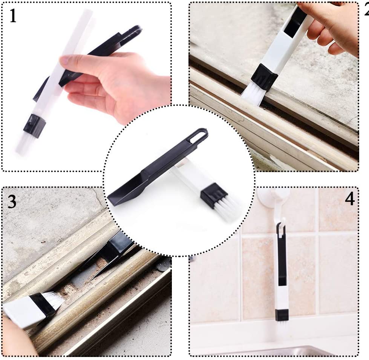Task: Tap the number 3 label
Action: [x=12, y=202]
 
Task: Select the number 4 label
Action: [x=350, y=199]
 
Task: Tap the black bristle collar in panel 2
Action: [x=264, y=77]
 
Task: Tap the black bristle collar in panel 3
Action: [x=44, y=306]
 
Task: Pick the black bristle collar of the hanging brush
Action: [x=282, y=315]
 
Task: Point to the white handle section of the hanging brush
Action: [x=282, y=297]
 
